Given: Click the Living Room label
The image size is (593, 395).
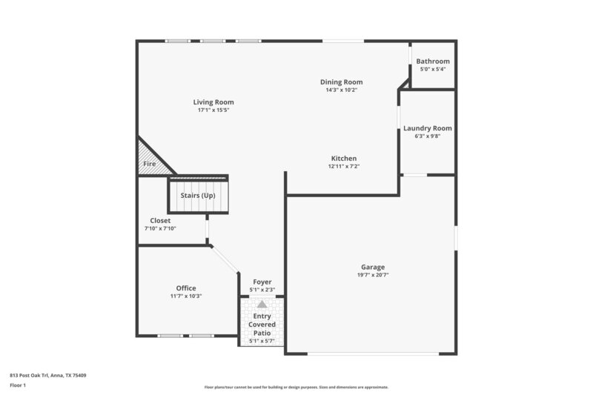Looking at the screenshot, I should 213,102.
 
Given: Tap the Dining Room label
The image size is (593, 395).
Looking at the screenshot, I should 341,82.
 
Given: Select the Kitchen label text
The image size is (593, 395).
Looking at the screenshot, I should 344,159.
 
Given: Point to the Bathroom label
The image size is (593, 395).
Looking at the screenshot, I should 432,62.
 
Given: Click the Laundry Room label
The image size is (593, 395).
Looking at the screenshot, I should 427,128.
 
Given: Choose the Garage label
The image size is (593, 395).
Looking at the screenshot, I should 372,267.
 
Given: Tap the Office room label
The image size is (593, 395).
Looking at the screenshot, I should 186,288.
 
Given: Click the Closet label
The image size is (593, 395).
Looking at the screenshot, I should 160,221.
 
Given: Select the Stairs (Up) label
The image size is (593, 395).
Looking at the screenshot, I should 198,196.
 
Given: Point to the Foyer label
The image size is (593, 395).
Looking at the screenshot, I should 262,282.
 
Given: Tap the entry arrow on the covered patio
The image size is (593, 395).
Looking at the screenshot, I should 262,304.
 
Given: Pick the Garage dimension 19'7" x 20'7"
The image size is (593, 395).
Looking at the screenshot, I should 372,275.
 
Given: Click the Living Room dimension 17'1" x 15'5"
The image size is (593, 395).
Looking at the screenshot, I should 213,110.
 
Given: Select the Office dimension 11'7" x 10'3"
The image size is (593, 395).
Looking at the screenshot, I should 186,296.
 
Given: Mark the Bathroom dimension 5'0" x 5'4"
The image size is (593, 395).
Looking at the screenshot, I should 432,70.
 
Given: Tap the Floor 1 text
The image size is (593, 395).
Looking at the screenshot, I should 18,385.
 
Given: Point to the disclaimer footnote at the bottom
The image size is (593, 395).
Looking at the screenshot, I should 296,387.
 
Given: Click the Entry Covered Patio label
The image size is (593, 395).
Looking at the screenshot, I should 262,325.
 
